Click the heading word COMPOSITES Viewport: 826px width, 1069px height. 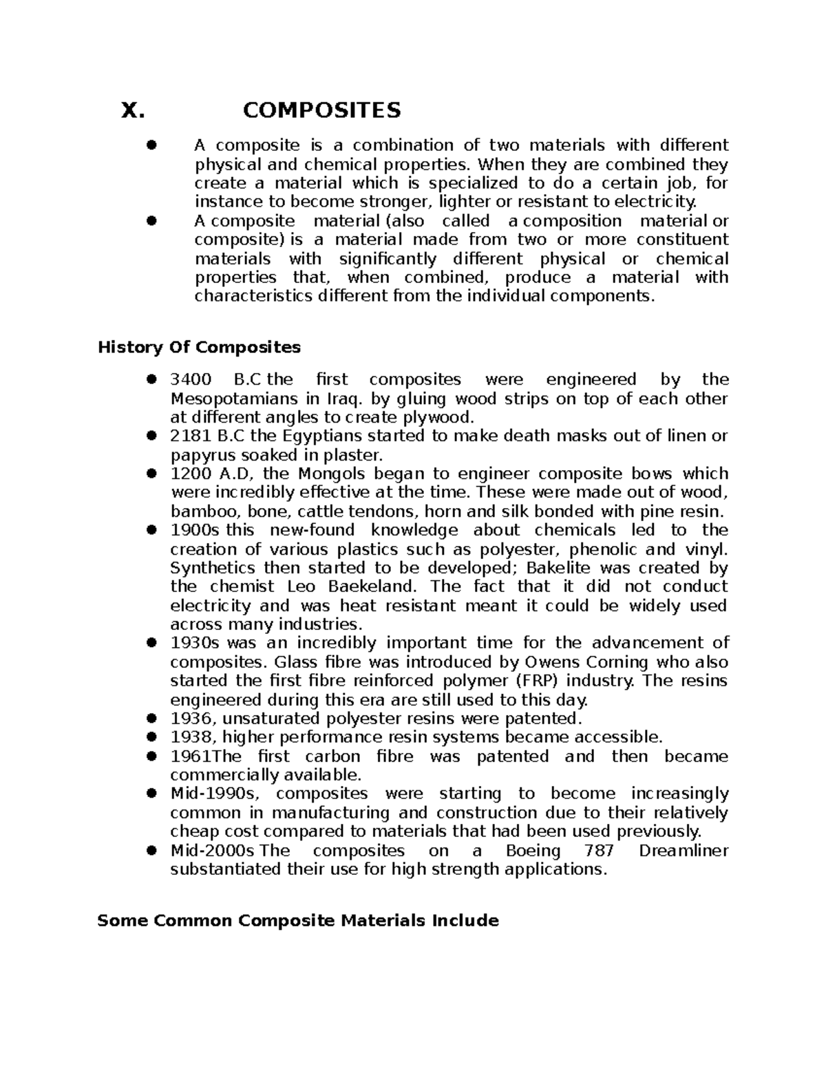[x=321, y=110]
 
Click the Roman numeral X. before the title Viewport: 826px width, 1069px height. [x=133, y=110]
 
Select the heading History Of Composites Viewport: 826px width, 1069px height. [x=200, y=347]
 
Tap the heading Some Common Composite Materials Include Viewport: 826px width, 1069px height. [x=298, y=920]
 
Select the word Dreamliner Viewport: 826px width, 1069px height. [x=684, y=850]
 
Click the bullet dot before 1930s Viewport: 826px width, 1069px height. [x=152, y=643]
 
